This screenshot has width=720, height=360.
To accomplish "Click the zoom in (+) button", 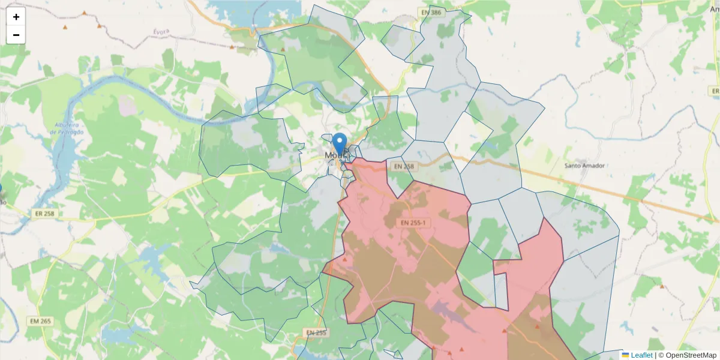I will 16,17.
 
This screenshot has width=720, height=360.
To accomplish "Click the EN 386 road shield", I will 431,12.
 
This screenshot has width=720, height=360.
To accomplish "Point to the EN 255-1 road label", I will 413,223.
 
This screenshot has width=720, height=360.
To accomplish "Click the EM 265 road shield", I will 40,322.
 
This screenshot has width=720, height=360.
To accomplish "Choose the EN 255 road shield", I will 316,332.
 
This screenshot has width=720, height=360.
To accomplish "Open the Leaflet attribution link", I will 641,355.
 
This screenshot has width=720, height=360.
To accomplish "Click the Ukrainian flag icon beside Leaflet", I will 625,355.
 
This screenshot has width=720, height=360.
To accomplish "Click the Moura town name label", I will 331,155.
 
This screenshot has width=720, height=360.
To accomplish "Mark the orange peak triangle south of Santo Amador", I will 662,287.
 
